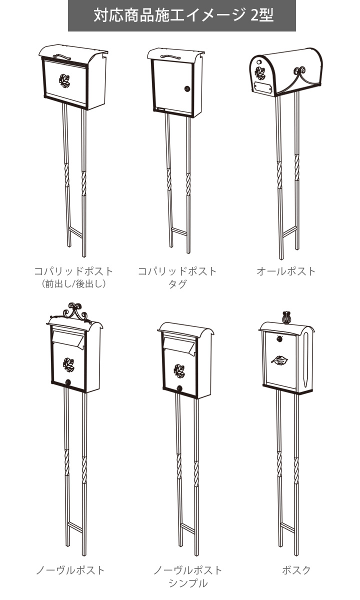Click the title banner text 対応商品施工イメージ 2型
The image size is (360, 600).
point(182,16)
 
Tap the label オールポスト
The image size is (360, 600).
point(286,271)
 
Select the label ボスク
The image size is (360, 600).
point(296,570)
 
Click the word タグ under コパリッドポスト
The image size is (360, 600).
point(177,284)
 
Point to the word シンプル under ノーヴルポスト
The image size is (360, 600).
point(187,583)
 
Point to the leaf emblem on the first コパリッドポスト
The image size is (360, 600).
point(63,80)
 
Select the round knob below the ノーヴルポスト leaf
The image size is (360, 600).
point(68,383)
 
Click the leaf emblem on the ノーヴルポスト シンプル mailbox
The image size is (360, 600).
point(178,370)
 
